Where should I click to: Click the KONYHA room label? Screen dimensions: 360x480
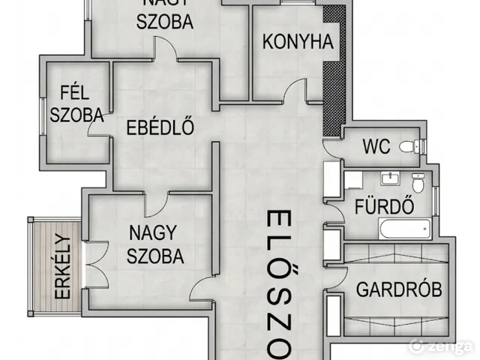tap(297, 42)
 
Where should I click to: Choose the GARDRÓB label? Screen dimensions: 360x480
tap(398, 289)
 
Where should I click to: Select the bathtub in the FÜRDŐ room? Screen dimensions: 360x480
tap(405, 228)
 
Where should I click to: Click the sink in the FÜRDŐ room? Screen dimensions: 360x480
tap(390, 178)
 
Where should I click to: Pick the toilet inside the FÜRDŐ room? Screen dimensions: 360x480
tap(419, 181)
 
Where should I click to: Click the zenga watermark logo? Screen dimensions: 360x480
tap(442, 346)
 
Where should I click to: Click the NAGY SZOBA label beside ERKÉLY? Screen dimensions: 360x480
tap(155, 245)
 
